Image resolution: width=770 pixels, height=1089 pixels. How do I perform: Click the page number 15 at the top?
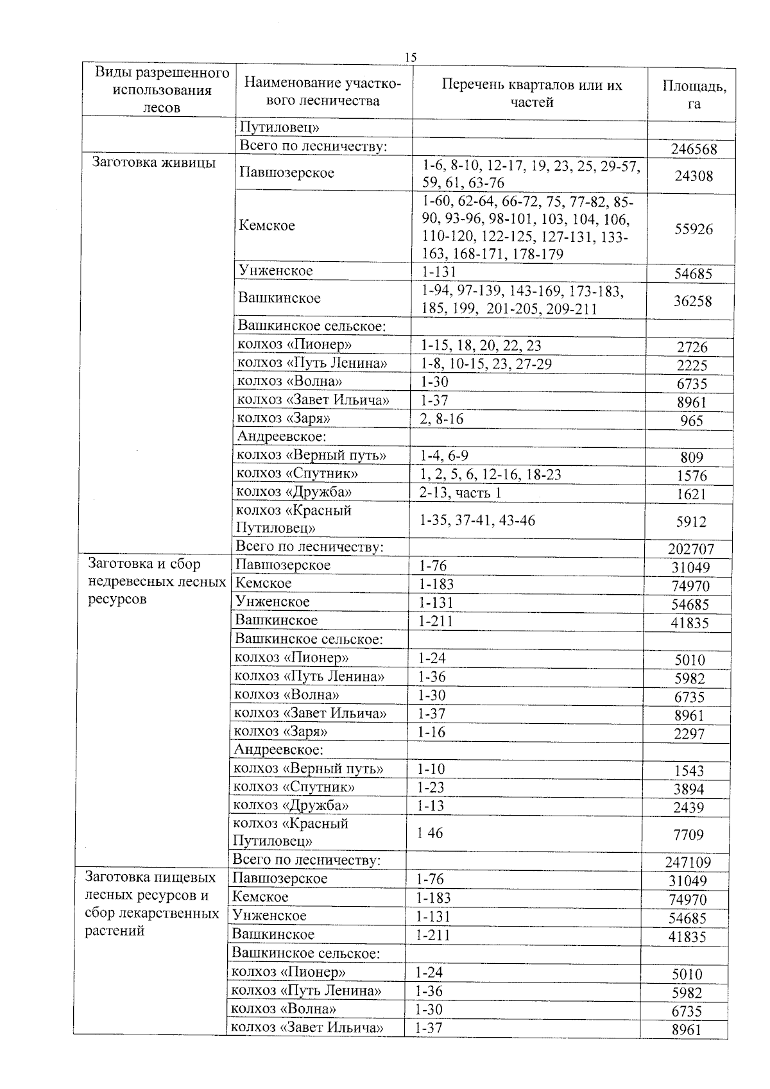411,57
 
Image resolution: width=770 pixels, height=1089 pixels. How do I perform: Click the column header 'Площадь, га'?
694,94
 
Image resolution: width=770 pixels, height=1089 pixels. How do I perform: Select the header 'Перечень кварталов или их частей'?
531,94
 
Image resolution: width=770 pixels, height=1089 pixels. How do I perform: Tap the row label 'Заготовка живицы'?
154,162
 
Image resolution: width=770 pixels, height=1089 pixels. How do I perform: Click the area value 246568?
694,150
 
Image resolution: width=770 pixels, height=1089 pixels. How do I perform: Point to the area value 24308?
694,176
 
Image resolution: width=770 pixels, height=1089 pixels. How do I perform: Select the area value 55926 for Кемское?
693,229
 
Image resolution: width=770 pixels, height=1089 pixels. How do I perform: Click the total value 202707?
690,549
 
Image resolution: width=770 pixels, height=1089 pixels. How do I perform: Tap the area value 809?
692,458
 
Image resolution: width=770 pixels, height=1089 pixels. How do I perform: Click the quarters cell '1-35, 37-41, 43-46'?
477,520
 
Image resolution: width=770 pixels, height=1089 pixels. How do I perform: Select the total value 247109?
688,862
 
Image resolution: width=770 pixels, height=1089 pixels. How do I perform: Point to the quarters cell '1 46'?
429,833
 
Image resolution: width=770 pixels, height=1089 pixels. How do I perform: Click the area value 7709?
689,835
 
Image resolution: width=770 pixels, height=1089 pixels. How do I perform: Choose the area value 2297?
689,733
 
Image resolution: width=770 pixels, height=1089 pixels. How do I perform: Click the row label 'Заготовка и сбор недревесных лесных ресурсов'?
156,581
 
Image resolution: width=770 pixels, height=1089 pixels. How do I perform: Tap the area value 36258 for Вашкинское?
692,301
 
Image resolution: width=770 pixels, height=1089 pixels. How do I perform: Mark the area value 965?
692,421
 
